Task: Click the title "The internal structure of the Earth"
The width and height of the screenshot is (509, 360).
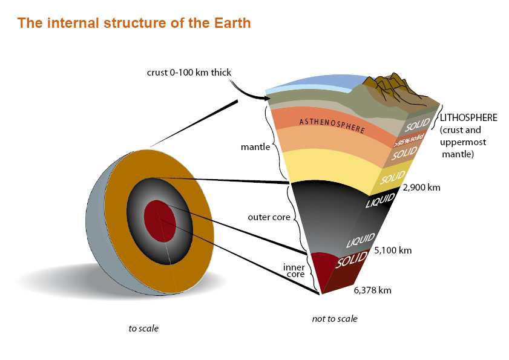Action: [x=134, y=23]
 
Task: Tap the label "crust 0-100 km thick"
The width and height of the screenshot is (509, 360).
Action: [x=189, y=72]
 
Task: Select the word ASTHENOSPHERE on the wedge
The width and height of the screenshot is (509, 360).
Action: [x=332, y=126]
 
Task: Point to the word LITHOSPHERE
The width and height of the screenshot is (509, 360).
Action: [x=468, y=117]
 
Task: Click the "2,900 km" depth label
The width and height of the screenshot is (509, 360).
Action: [x=421, y=188]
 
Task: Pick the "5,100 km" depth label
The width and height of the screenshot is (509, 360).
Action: [x=393, y=250]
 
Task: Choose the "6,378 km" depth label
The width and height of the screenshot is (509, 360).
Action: [x=372, y=290]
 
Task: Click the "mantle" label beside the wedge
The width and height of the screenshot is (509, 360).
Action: [x=255, y=147]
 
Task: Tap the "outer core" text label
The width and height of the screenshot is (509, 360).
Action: [x=269, y=217]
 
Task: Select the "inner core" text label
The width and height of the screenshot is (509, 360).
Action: [x=294, y=270]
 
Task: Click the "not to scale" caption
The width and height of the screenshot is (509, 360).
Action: [x=335, y=319]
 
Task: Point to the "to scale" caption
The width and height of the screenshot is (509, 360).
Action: [x=143, y=329]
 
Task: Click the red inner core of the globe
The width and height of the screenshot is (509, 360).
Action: [x=160, y=221]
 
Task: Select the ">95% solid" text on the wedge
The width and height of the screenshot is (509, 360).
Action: [x=409, y=140]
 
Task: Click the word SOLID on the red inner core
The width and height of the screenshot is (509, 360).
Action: [x=351, y=260]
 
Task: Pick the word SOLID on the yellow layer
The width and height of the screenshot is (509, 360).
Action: [x=393, y=177]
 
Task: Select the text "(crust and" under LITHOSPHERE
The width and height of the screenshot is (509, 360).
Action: [x=461, y=130]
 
